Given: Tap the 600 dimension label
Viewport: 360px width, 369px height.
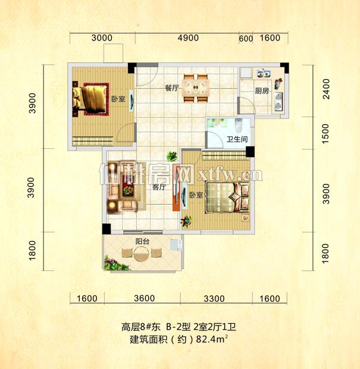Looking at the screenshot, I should click(x=246, y=39).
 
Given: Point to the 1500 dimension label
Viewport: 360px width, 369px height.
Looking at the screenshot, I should click(x=327, y=137).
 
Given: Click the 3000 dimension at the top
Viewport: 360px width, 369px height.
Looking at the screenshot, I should click(x=102, y=38).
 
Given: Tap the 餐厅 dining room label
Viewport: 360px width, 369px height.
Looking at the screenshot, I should click(x=172, y=87).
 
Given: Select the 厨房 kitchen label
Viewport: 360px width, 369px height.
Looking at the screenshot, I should click(x=262, y=91).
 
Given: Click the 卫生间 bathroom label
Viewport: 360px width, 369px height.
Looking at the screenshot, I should click(x=236, y=141).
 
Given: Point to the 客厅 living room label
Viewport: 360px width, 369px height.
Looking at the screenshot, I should click(x=158, y=187).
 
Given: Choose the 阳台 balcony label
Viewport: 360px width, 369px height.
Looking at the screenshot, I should click(x=142, y=241).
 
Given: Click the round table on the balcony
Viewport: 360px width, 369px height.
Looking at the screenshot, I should click(x=141, y=255).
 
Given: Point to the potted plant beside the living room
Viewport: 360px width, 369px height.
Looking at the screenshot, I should click(x=171, y=157).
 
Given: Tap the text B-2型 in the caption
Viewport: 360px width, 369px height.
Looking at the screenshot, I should click(x=179, y=326).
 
